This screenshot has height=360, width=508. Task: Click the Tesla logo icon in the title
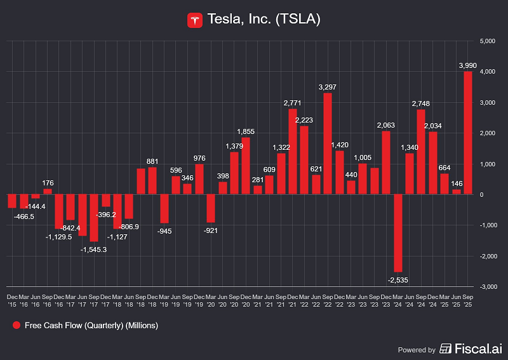tap(195, 20)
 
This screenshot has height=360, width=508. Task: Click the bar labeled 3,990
tap(468, 133)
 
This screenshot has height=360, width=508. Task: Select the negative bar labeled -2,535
tap(398, 233)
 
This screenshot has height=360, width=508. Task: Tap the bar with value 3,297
tap(328, 143)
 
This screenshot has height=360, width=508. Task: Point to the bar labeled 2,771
tap(293, 152)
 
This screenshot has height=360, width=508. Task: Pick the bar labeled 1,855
tap(246, 166)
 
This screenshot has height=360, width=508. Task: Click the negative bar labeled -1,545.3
tap(94, 218)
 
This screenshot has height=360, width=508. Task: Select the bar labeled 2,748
tap(421, 152)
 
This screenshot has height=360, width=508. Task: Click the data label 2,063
tap(386, 125)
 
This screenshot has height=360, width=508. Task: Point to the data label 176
tap(48, 183)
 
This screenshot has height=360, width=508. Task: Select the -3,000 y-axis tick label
tap(486, 287)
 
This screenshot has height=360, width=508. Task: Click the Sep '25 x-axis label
tap(468, 300)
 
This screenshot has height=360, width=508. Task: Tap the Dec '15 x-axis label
tap(12, 300)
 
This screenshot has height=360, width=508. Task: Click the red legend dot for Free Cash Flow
tap(16, 326)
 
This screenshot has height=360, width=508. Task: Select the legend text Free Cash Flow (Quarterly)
tap(91, 326)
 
